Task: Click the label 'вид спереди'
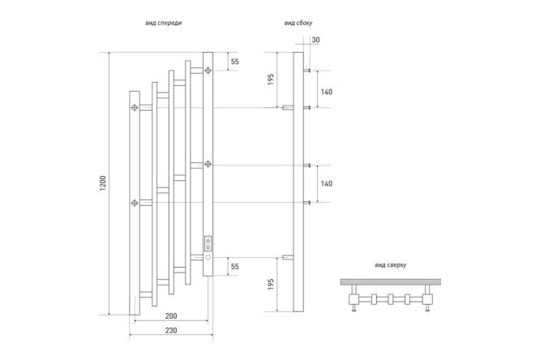tap(163, 23)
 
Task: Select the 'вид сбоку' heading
tap(298, 23)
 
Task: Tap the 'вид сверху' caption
tap(391, 265)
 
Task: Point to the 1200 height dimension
tap(103, 183)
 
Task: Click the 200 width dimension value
tap(171, 315)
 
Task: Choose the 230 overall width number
tap(171, 330)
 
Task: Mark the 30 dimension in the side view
tap(315, 40)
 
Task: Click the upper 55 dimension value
tap(235, 62)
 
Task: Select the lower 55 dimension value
tap(235, 266)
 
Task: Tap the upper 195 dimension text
tap(271, 79)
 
